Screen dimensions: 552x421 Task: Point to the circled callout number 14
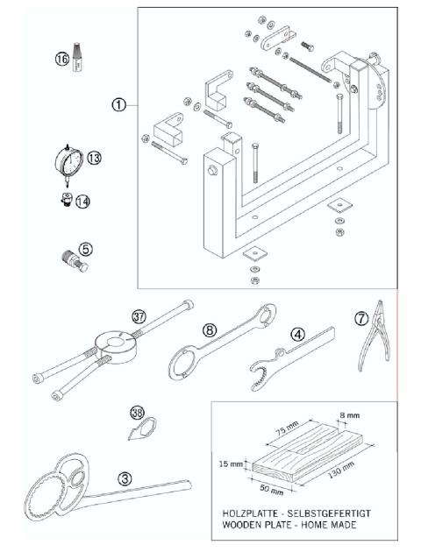83,201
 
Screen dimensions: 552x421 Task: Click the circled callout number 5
86,248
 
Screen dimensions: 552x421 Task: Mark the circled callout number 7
362,316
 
